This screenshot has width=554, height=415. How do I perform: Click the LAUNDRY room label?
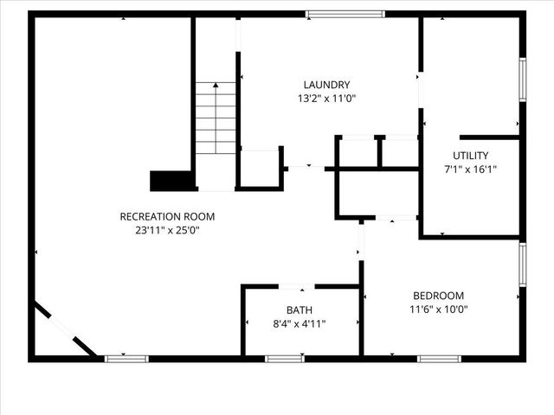[x=326, y=85]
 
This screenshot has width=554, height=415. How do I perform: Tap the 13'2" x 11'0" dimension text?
[x=326, y=99]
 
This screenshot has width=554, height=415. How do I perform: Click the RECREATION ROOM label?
[x=167, y=216]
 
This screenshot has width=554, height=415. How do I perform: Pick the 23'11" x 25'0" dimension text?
[x=167, y=230]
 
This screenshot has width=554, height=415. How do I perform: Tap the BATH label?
[x=300, y=310]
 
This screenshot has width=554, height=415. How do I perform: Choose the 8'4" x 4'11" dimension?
[x=300, y=323]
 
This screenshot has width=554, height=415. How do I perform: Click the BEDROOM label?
[x=438, y=295]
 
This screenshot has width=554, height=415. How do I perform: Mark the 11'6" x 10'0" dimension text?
[x=438, y=309]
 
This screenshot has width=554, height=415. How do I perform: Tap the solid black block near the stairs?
[x=171, y=180]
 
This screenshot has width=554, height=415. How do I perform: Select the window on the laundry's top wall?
[x=345, y=14]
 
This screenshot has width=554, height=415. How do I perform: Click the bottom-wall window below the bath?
[x=284, y=358]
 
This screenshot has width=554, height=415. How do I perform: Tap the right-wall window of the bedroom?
[x=522, y=265]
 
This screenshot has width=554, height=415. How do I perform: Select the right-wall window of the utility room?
[x=522, y=80]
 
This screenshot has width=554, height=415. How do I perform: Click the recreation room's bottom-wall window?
[x=126, y=358]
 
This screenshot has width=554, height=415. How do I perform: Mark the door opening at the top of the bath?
[x=296, y=286]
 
